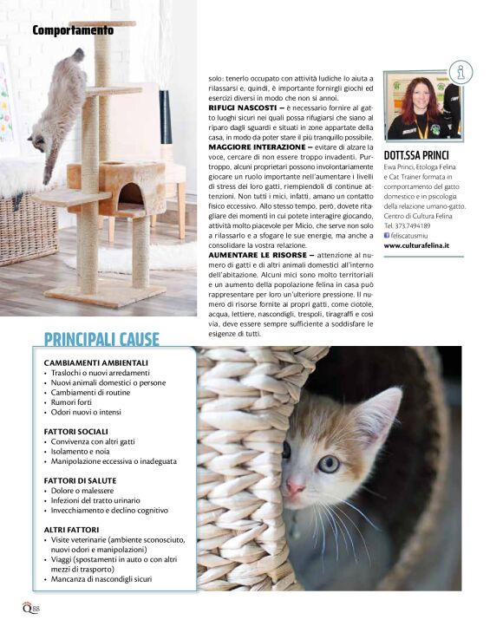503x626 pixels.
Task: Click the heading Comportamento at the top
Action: (73, 30)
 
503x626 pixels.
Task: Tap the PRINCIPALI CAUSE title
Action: (101, 338)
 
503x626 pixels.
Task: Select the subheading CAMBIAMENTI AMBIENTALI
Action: (96, 362)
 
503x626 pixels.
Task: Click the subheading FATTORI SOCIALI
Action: (75, 431)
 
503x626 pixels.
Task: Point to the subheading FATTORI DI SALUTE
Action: (80, 479)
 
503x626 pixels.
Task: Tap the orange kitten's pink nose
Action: (295, 487)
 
